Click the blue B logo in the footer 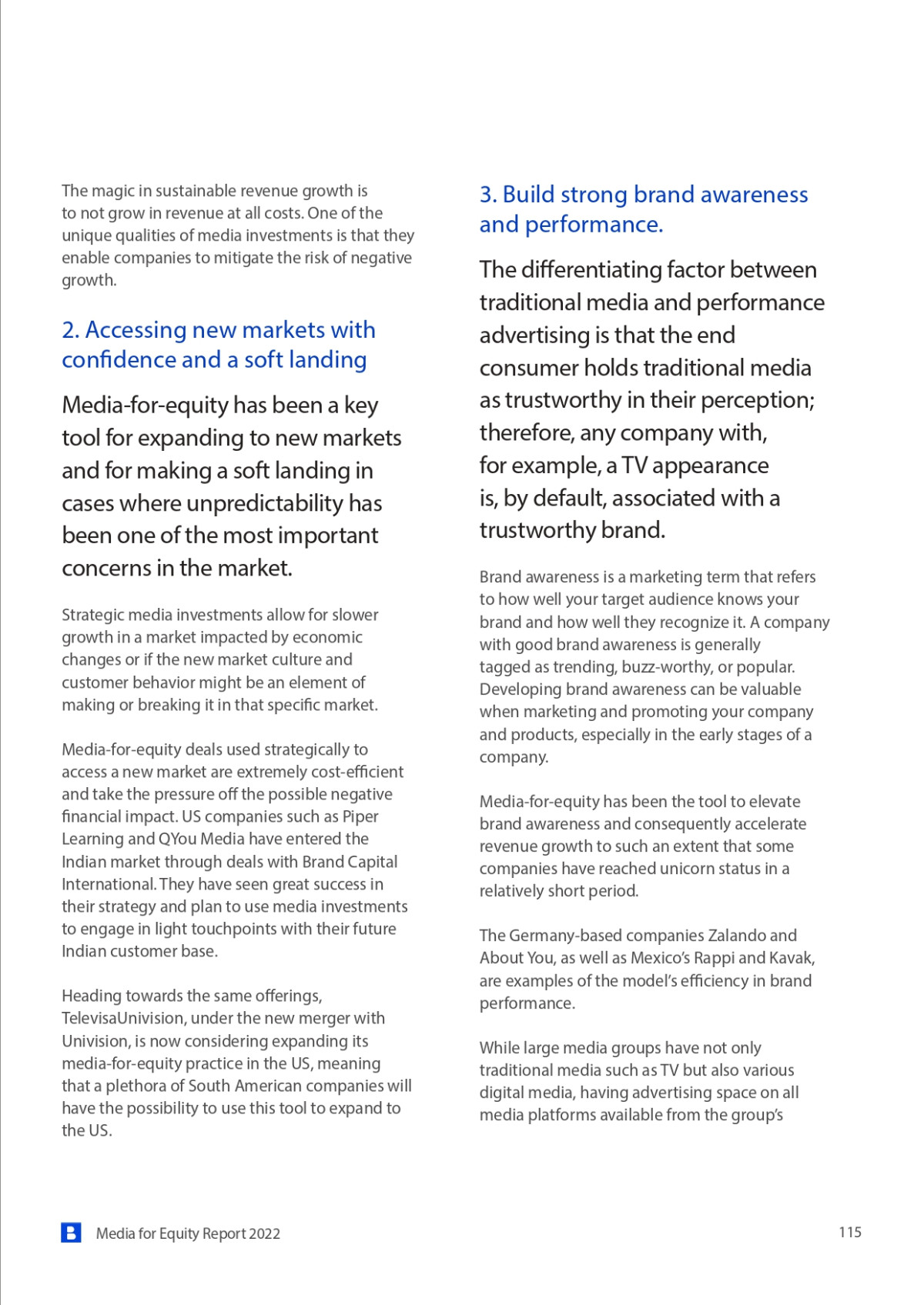[71, 1233]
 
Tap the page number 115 [850, 1232]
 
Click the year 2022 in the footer [265, 1233]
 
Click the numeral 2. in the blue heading [71, 330]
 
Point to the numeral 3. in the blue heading [488, 195]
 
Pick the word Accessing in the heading [136, 330]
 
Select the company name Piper [360, 816]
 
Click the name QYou [177, 839]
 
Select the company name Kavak [792, 958]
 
